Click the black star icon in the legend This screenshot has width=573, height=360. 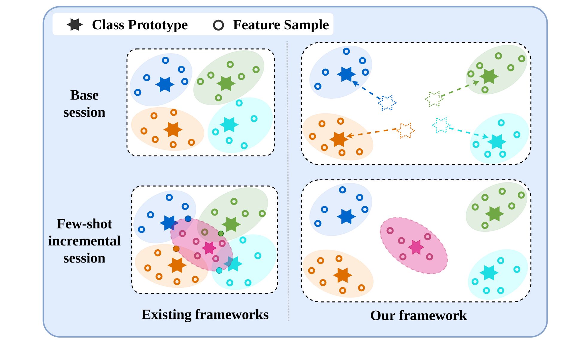(75, 25)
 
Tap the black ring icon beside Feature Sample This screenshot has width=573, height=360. (218, 25)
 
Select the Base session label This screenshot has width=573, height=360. (84, 103)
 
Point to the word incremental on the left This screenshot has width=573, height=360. (84, 241)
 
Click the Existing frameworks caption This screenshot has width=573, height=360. (205, 315)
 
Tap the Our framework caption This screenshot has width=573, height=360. (418, 315)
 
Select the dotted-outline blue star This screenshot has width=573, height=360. (387, 103)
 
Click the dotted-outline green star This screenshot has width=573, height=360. (434, 99)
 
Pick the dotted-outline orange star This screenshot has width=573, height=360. (406, 130)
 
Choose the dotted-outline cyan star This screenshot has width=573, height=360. (441, 125)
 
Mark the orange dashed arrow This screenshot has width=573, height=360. (372, 132)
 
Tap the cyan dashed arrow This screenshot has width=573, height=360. (469, 133)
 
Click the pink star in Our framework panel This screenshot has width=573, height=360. (416, 247)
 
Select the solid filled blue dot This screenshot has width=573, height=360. (188, 219)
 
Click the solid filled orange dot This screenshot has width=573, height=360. (176, 248)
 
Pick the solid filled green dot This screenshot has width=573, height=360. (221, 233)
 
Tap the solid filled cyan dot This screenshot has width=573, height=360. (219, 270)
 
